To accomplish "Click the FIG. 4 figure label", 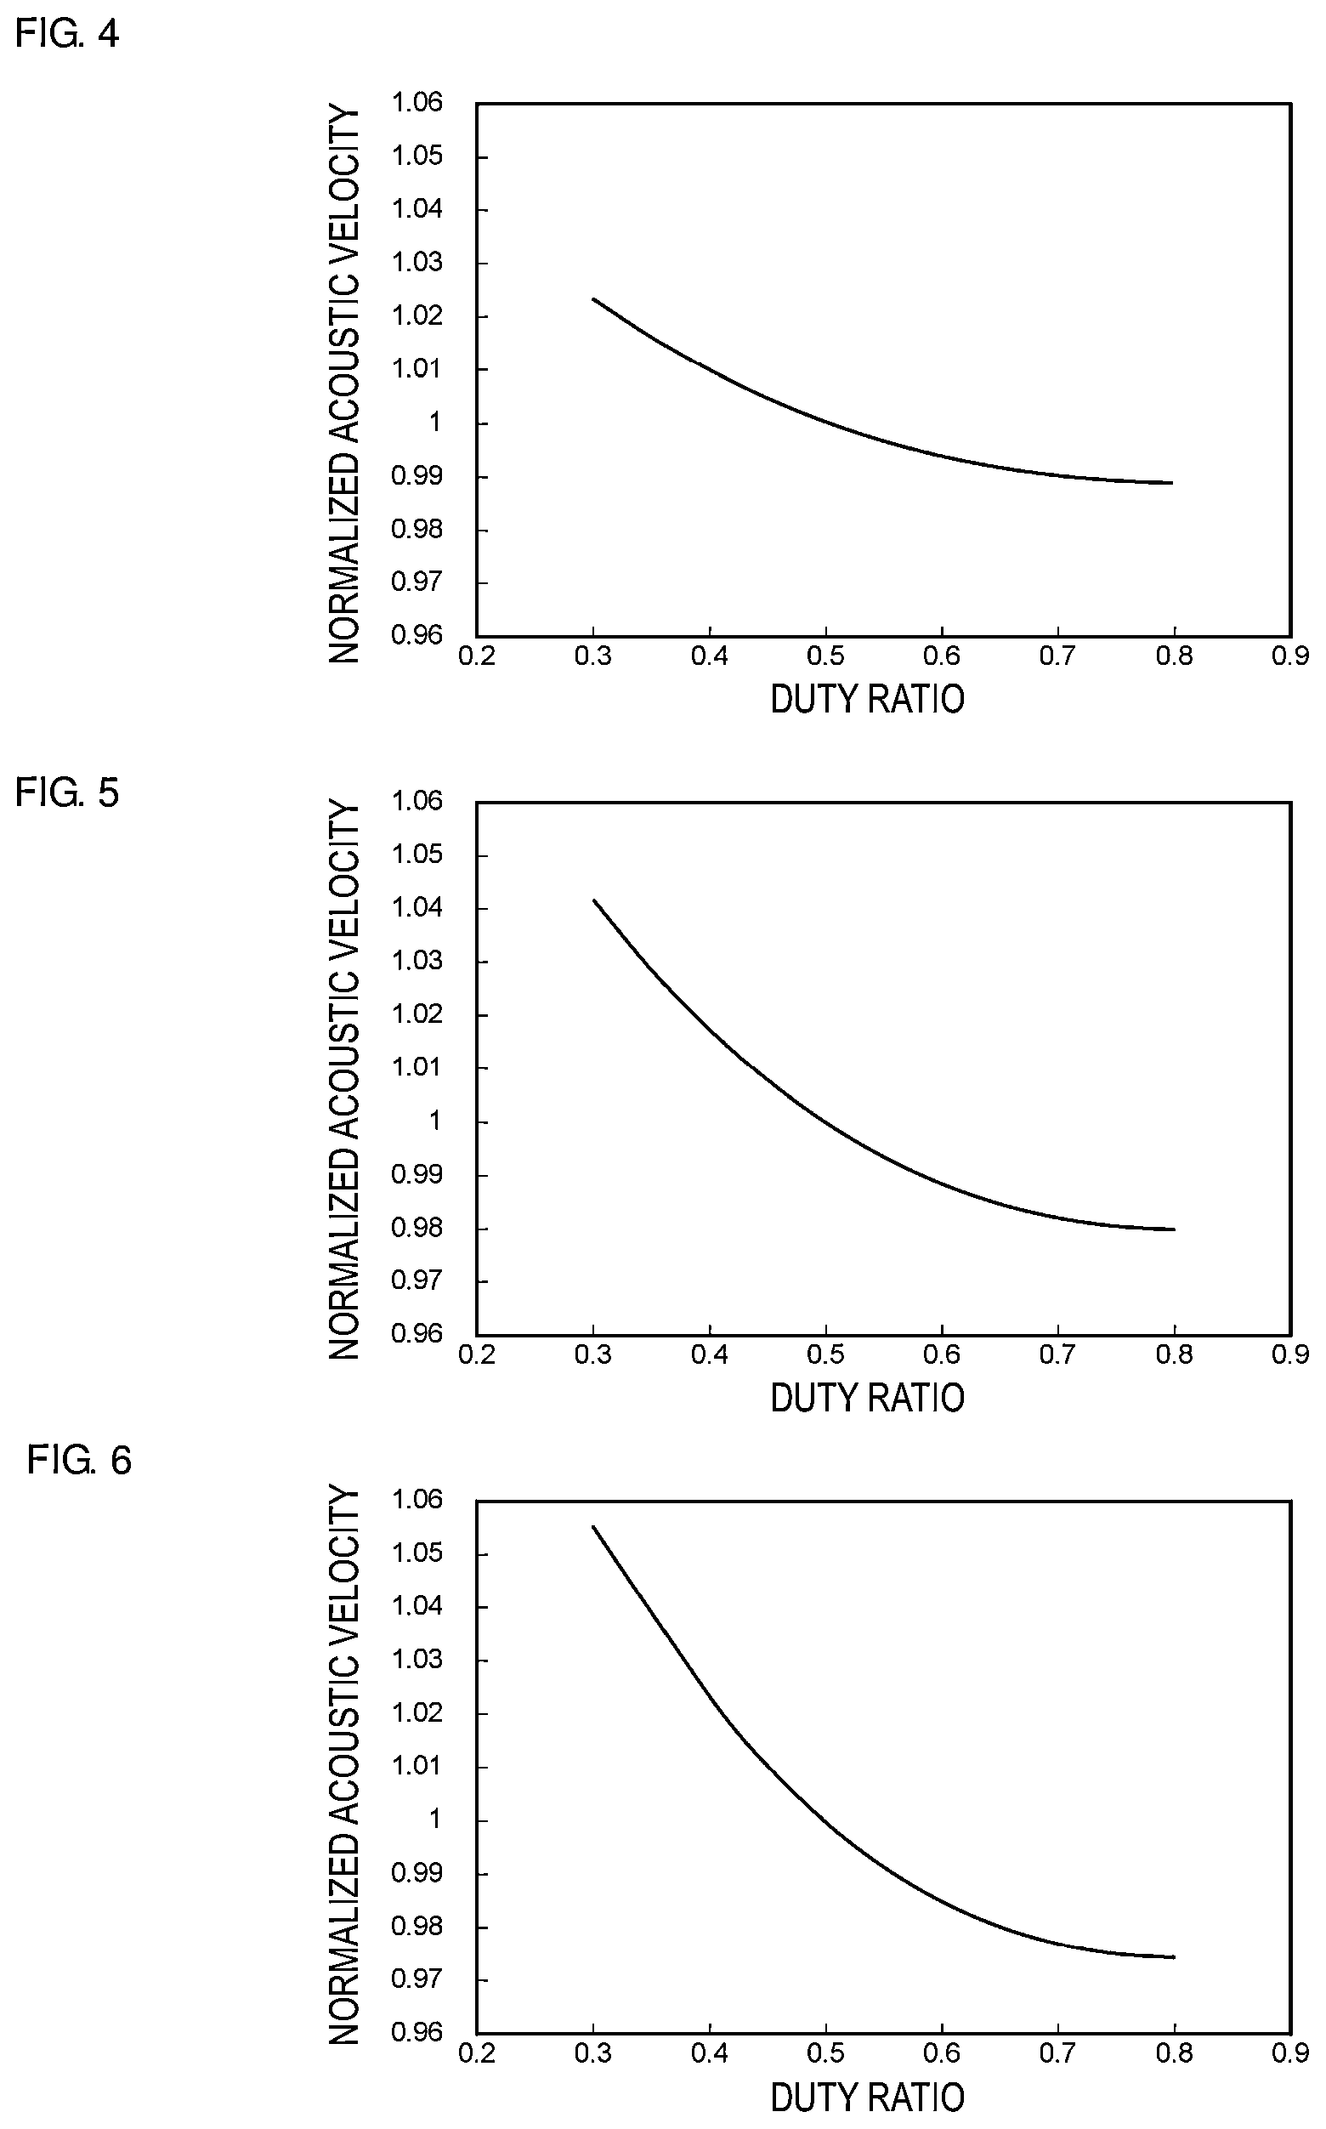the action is point(66,33).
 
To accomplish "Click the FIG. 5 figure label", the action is point(66,792).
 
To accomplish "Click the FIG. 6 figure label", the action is point(79,1461).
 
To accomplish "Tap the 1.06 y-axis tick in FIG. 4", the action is point(416,103).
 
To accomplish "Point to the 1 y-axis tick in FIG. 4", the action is point(434,423).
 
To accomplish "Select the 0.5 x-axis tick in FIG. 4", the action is point(825,656).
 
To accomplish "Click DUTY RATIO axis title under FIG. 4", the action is point(867,699).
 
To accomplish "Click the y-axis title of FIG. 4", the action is point(343,384).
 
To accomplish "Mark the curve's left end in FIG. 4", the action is point(593,299).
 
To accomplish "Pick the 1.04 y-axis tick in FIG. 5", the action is point(416,907).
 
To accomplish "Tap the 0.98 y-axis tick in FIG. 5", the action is point(416,1227).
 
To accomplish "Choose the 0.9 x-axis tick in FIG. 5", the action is point(1290,1354).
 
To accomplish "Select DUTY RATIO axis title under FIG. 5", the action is point(867,1398).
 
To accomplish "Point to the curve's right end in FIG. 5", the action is point(1173,1229).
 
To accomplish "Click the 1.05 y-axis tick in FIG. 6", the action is point(416,1553).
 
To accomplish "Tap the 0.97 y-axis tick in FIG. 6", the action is point(416,1980).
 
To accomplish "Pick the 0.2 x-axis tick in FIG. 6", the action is point(477,2053).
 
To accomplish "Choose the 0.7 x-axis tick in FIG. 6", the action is point(1057,2053).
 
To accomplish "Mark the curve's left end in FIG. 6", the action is point(593,1527).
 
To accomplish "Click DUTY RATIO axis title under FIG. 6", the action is point(867,2098).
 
